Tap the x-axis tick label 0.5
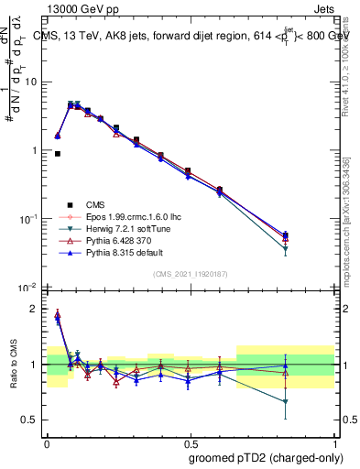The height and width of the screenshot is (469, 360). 190,441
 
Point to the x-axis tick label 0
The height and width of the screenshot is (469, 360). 47,441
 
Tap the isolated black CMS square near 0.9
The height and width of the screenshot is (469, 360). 58,154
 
